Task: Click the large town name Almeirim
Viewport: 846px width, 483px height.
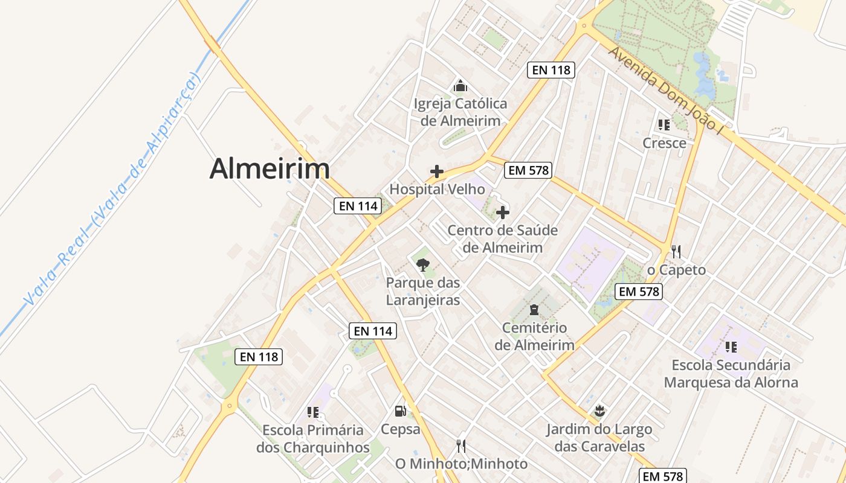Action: click(x=270, y=169)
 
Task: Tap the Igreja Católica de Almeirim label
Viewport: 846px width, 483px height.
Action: click(x=460, y=112)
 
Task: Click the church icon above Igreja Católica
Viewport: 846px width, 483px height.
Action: click(x=460, y=86)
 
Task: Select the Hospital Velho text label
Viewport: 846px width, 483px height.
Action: click(x=437, y=190)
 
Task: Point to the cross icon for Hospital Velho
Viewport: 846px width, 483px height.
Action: click(x=437, y=171)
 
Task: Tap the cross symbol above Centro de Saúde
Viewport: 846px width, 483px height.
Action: click(x=502, y=213)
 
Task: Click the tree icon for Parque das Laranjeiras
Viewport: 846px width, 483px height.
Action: click(x=423, y=264)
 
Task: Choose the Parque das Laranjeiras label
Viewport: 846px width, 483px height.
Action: click(x=423, y=292)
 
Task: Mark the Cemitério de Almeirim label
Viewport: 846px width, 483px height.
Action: click(x=534, y=336)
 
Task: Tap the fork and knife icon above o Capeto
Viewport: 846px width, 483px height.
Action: click(x=676, y=251)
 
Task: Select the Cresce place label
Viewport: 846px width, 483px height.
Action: click(x=664, y=143)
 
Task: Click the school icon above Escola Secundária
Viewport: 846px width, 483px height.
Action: click(x=731, y=347)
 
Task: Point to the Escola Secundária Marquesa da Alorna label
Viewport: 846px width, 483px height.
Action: click(x=731, y=374)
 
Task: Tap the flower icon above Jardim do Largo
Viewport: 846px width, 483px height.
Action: click(x=599, y=412)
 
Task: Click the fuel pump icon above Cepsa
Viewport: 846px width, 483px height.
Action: click(x=400, y=412)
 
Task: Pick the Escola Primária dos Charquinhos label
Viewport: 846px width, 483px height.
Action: click(x=313, y=439)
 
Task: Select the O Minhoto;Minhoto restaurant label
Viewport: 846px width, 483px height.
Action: click(x=461, y=464)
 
